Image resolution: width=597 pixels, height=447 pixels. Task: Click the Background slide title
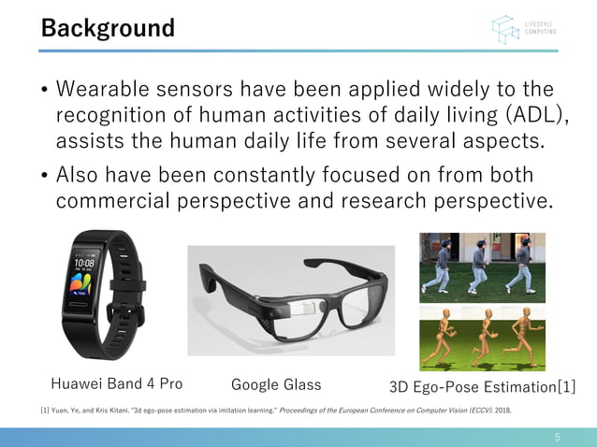[107, 28]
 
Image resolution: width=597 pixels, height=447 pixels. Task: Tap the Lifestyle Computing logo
[525, 29]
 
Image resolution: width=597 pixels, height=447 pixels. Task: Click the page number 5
[557, 437]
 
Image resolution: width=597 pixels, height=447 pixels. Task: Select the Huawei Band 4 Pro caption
[116, 383]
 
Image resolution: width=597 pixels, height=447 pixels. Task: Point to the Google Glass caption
[276, 384]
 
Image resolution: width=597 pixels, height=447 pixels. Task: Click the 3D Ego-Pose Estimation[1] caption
[482, 386]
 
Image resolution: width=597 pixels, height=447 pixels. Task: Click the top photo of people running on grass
[482, 265]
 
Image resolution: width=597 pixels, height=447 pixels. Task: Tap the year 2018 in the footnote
[502, 410]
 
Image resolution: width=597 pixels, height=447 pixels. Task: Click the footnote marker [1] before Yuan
[44, 410]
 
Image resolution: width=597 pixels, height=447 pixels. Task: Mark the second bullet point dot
[44, 176]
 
